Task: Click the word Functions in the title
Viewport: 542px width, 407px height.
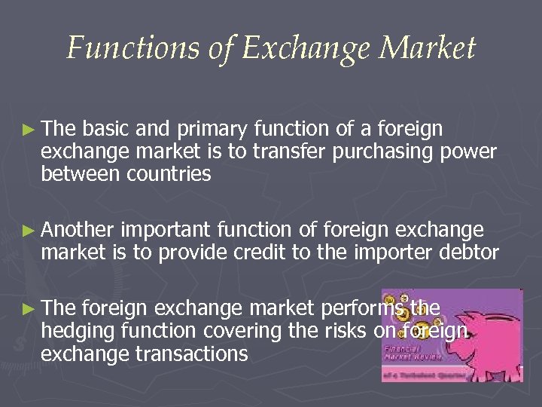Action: coord(112,48)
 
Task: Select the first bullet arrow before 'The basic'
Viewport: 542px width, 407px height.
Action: coord(27,130)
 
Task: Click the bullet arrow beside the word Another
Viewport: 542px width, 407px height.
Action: coord(27,230)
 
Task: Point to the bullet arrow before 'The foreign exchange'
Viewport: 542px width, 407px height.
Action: coord(27,308)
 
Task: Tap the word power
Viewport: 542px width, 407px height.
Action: coord(470,152)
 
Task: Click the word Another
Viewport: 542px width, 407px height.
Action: coord(80,230)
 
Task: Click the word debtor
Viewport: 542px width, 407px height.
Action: coord(469,251)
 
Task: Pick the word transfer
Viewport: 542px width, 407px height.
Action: coord(283,152)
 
